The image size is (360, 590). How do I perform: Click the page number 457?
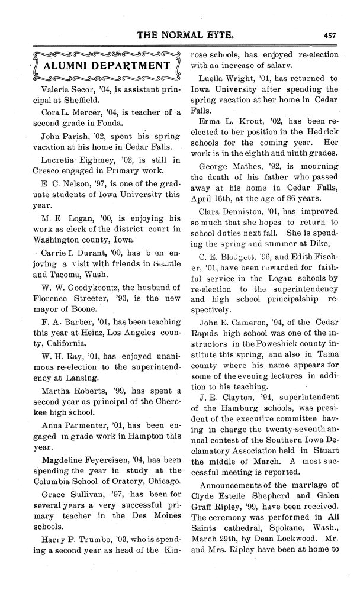coord(330,35)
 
